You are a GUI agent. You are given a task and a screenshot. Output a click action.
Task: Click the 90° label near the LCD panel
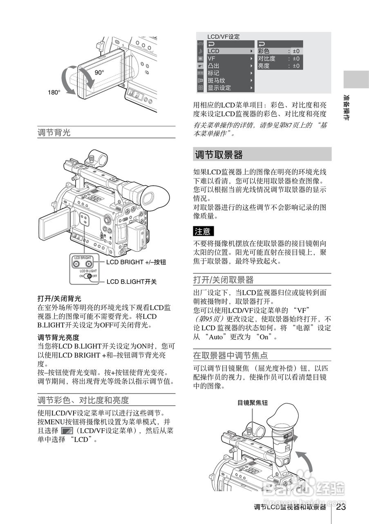99,72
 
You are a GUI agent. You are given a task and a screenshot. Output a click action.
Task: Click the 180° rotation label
54,93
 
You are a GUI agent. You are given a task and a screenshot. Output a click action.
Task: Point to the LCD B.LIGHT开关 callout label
132,282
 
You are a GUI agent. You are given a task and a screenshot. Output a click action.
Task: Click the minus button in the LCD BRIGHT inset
76,264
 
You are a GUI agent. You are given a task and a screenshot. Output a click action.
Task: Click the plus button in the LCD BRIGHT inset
89,264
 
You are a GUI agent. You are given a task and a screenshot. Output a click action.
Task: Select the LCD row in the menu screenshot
213,51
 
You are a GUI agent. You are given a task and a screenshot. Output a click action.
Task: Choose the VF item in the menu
212,59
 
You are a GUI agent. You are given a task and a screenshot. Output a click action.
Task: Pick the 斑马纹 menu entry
217,81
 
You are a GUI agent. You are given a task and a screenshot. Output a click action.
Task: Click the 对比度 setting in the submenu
267,59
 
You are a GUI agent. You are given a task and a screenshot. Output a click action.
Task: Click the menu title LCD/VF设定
224,36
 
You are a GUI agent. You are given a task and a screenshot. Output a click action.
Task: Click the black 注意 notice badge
203,231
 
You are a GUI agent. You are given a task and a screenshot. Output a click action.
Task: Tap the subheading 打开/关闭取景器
224,280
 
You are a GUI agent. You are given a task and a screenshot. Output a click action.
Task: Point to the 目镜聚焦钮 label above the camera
253,403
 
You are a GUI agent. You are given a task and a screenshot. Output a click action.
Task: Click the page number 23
341,507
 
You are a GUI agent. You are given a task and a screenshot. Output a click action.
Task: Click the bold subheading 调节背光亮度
58,337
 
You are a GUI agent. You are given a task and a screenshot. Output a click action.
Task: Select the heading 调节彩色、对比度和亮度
83,400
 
